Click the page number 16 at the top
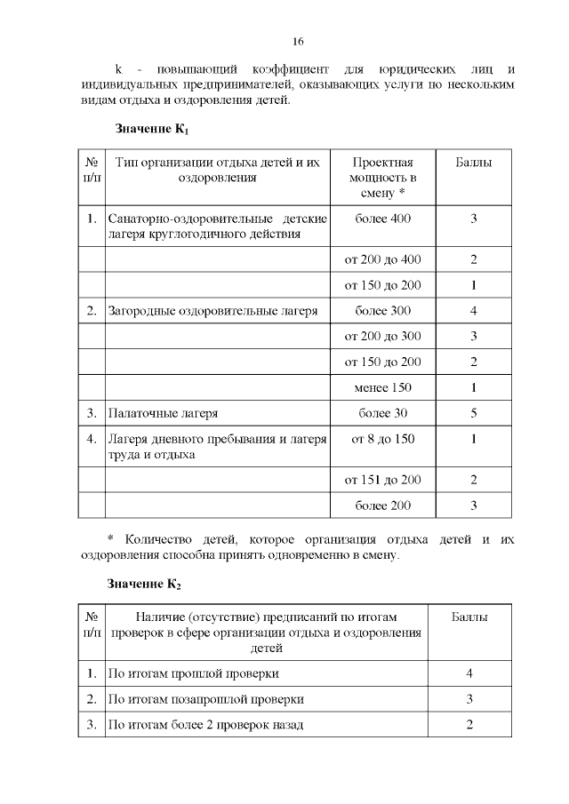298,42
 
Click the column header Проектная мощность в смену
383,178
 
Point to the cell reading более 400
383,219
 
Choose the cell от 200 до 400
383,259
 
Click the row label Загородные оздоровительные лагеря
212,311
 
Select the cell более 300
383,311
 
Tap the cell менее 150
383,387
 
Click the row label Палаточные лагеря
163,413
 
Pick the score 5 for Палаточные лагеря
474,413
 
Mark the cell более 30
383,413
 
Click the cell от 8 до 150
383,439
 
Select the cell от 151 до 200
383,480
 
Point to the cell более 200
383,505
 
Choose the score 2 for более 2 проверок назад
469,725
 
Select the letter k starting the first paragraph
117,68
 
